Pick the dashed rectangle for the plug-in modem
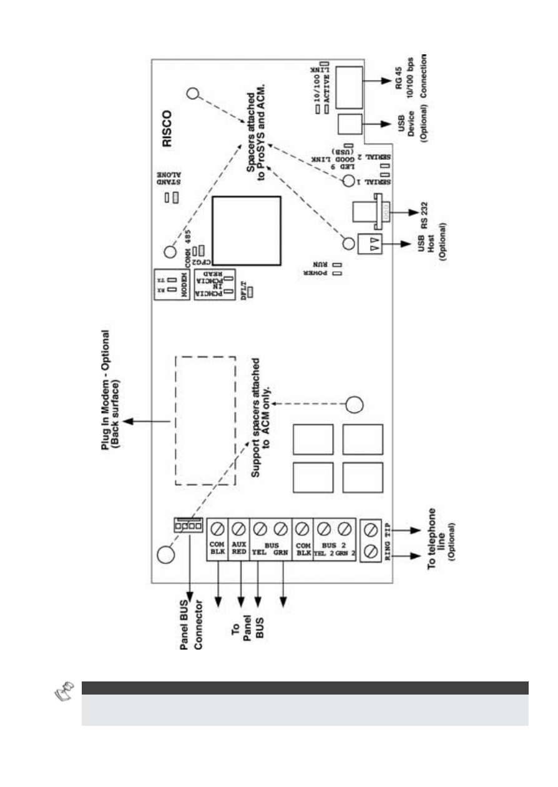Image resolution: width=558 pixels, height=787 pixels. coord(205,420)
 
